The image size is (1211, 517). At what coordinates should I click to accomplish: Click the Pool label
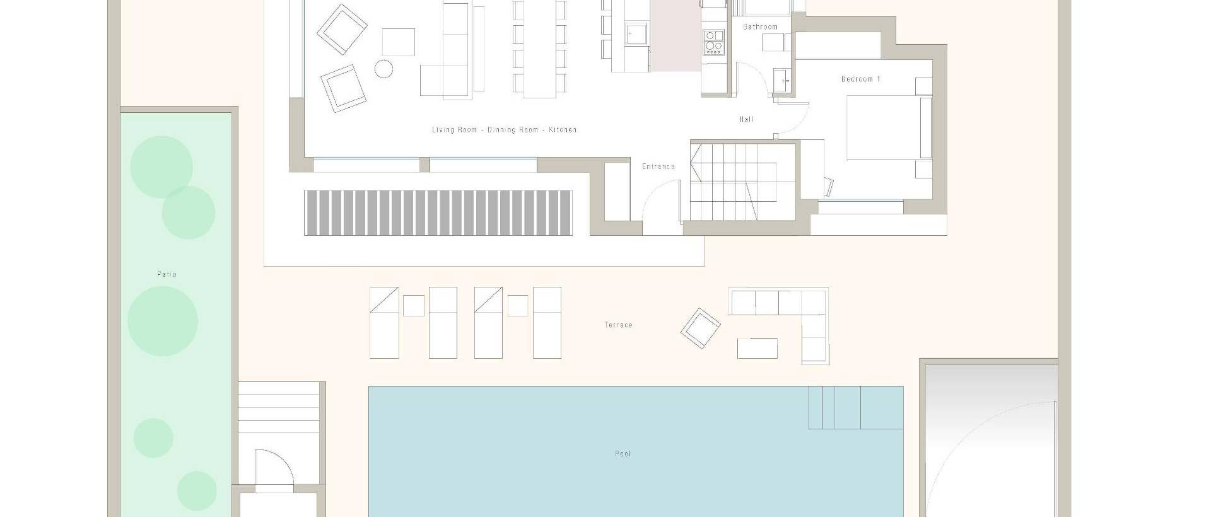(x=623, y=454)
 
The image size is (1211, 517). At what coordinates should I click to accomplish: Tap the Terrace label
(x=618, y=325)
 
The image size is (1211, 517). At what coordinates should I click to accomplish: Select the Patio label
(x=167, y=274)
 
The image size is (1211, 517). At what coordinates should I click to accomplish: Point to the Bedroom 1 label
(x=861, y=79)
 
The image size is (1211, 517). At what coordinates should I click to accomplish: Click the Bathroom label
(x=760, y=27)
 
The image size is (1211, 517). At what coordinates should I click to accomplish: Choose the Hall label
(x=746, y=119)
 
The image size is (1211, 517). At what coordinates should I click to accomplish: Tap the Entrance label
(x=658, y=166)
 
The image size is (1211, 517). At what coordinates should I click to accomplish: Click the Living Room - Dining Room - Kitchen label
(x=504, y=130)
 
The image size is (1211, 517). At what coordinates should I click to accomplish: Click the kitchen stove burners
(x=714, y=42)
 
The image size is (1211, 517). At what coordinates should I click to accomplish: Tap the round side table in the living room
(x=383, y=68)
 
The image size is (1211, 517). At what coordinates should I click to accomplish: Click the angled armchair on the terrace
(x=700, y=328)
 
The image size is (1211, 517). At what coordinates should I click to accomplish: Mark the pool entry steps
(x=835, y=407)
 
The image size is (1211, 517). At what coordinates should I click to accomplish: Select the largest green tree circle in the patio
(x=163, y=321)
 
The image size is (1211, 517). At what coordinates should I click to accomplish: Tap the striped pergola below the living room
(x=438, y=213)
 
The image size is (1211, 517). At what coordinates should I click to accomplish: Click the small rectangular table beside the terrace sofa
(x=757, y=348)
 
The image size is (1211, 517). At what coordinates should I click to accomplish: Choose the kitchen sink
(x=636, y=33)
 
